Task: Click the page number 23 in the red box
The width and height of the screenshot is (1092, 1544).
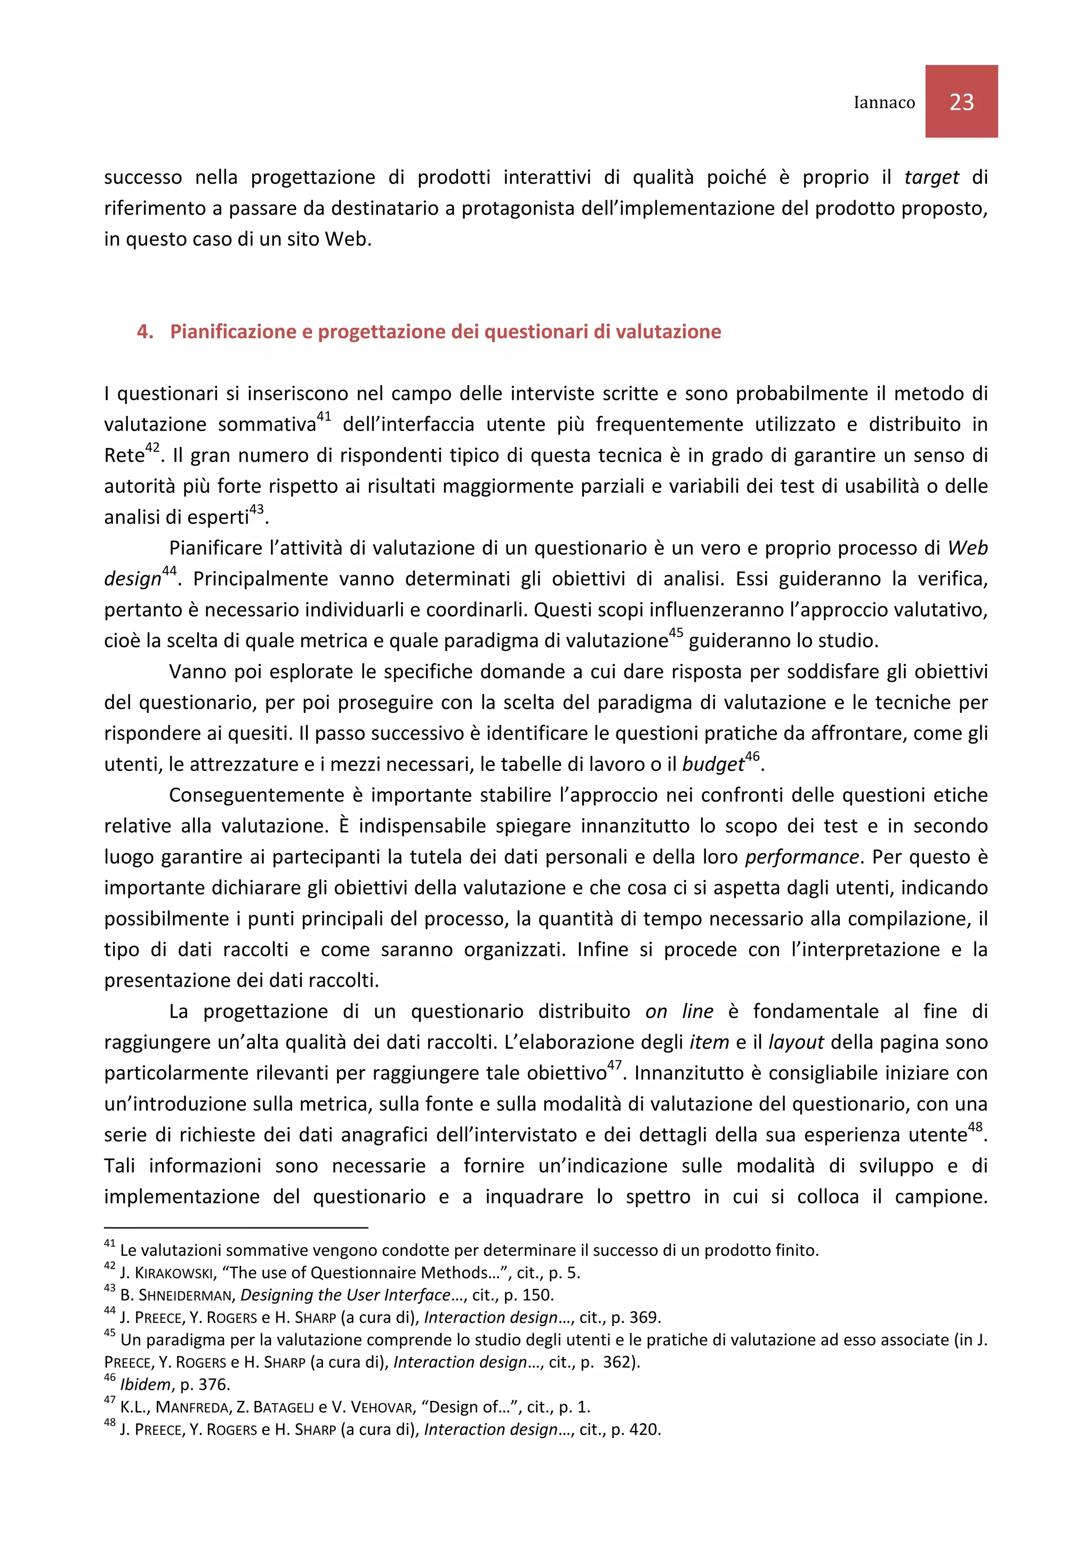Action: [961, 102]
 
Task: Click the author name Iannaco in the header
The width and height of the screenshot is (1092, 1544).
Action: [884, 102]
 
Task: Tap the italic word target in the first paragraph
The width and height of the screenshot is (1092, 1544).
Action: [930, 177]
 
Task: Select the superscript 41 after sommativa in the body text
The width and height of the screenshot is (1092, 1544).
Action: [324, 416]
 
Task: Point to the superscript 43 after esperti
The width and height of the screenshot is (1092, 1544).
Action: [256, 509]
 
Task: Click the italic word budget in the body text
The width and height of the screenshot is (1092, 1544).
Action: [712, 764]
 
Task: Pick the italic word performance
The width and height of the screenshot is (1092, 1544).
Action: [801, 857]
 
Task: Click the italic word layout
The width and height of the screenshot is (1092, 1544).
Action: [796, 1042]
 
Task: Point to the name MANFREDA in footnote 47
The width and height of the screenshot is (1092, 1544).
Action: [194, 1407]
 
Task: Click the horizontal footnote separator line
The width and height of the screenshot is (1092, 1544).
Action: [236, 1228]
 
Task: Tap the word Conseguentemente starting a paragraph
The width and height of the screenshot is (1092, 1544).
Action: [256, 795]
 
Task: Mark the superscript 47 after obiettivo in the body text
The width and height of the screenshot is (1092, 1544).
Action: [614, 1065]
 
